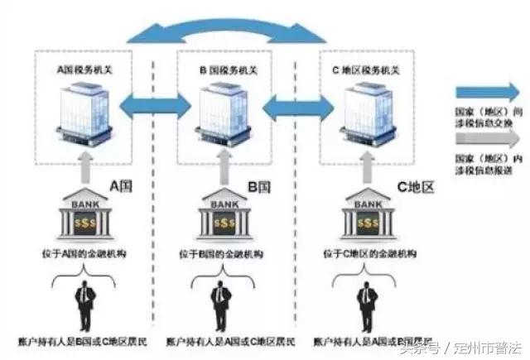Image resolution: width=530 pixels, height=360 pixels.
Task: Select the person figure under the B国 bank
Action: [220, 305]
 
